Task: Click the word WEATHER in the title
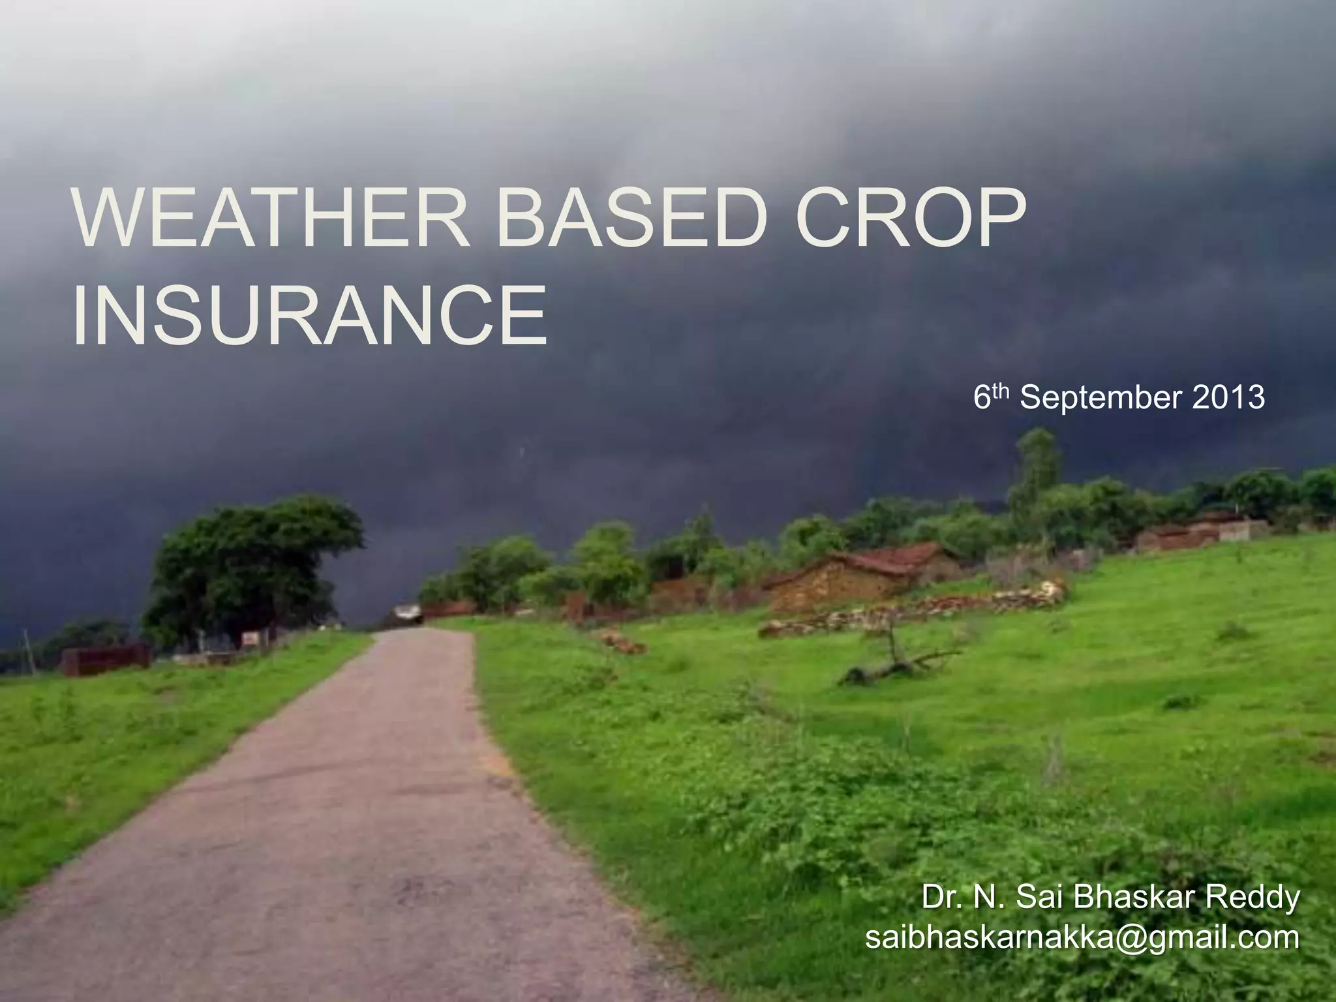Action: tap(271, 218)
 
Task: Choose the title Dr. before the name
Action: tap(942, 897)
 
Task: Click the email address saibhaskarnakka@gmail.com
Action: tap(1082, 938)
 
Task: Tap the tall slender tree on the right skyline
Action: tap(1037, 463)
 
